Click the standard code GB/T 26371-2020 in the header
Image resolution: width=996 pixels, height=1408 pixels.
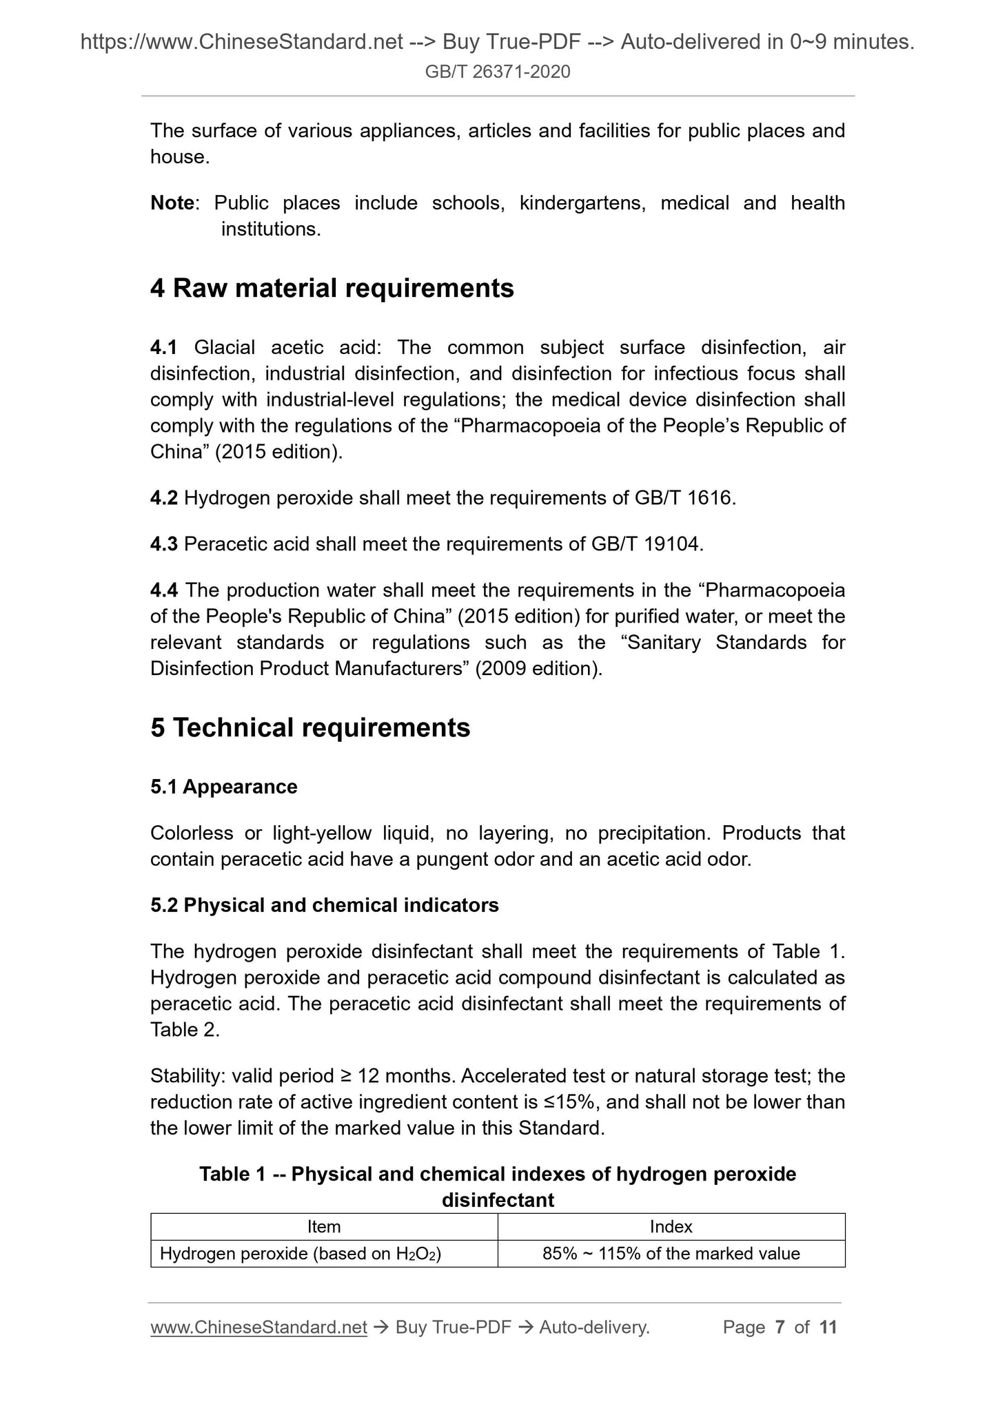(x=498, y=72)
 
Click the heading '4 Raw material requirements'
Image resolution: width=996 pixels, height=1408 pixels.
(x=332, y=288)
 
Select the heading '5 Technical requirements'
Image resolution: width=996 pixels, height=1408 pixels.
(x=310, y=727)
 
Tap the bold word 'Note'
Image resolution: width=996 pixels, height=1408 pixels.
(x=172, y=203)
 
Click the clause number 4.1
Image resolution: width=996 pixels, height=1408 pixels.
(x=163, y=347)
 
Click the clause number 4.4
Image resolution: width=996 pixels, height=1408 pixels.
(x=163, y=590)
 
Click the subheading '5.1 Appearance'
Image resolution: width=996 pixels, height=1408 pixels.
(x=223, y=787)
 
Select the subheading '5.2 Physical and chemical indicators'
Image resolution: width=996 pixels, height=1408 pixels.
(x=324, y=905)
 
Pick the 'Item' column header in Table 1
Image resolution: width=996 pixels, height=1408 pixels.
(x=323, y=1227)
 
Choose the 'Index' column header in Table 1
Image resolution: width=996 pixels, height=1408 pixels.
(x=671, y=1227)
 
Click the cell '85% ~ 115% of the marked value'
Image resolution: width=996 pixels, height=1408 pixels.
(x=671, y=1254)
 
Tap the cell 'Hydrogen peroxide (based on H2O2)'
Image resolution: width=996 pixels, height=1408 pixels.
(x=300, y=1254)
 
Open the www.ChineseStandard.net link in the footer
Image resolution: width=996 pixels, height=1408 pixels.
(x=258, y=1327)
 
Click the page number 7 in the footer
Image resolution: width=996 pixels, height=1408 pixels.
(x=780, y=1327)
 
